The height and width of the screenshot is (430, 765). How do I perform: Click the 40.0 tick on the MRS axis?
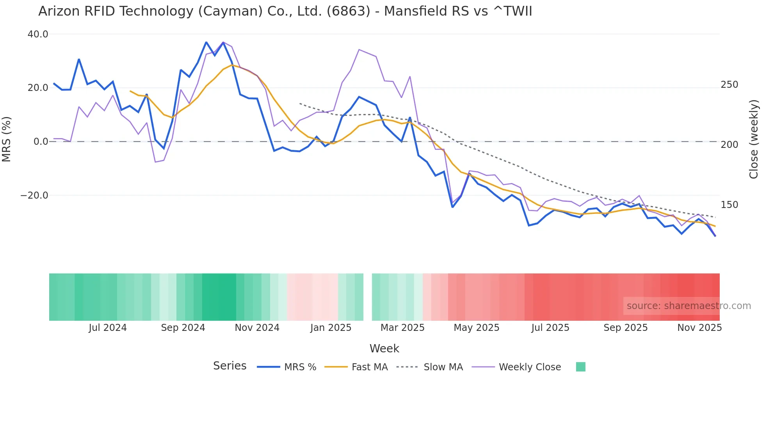(37, 34)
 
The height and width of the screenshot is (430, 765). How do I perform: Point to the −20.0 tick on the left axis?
(34, 195)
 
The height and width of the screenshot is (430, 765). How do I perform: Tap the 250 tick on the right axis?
(729, 85)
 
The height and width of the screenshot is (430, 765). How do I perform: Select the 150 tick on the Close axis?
(729, 205)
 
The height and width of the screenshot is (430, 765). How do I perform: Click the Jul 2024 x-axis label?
(108, 328)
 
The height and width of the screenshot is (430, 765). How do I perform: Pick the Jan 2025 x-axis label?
(331, 328)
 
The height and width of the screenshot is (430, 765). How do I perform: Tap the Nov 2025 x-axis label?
(699, 328)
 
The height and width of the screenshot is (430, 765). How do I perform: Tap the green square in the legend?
(580, 367)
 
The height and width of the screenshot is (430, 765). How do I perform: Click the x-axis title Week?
(384, 348)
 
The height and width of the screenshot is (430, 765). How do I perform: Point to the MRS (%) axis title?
(7, 139)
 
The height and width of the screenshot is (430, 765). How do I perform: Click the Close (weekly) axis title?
(754, 139)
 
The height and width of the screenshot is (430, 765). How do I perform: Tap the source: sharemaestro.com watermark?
(688, 306)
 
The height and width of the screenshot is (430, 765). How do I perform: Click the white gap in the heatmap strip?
(368, 297)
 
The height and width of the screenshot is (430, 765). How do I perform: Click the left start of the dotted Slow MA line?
(300, 103)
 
